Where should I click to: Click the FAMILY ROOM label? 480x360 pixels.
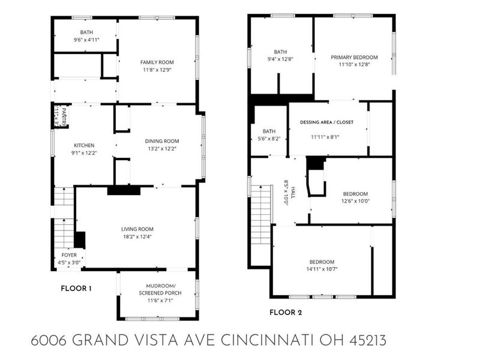click(x=157, y=62)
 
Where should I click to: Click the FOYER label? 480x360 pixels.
click(x=70, y=254)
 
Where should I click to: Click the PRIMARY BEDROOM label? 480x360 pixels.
click(x=353, y=58)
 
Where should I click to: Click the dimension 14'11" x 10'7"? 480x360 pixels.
click(x=322, y=269)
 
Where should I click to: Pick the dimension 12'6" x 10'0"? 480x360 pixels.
click(x=355, y=201)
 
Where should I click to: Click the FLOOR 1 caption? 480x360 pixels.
click(x=76, y=289)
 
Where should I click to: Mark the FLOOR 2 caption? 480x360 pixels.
click(x=285, y=312)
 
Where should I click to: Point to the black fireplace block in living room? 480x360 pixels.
click(x=124, y=190)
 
